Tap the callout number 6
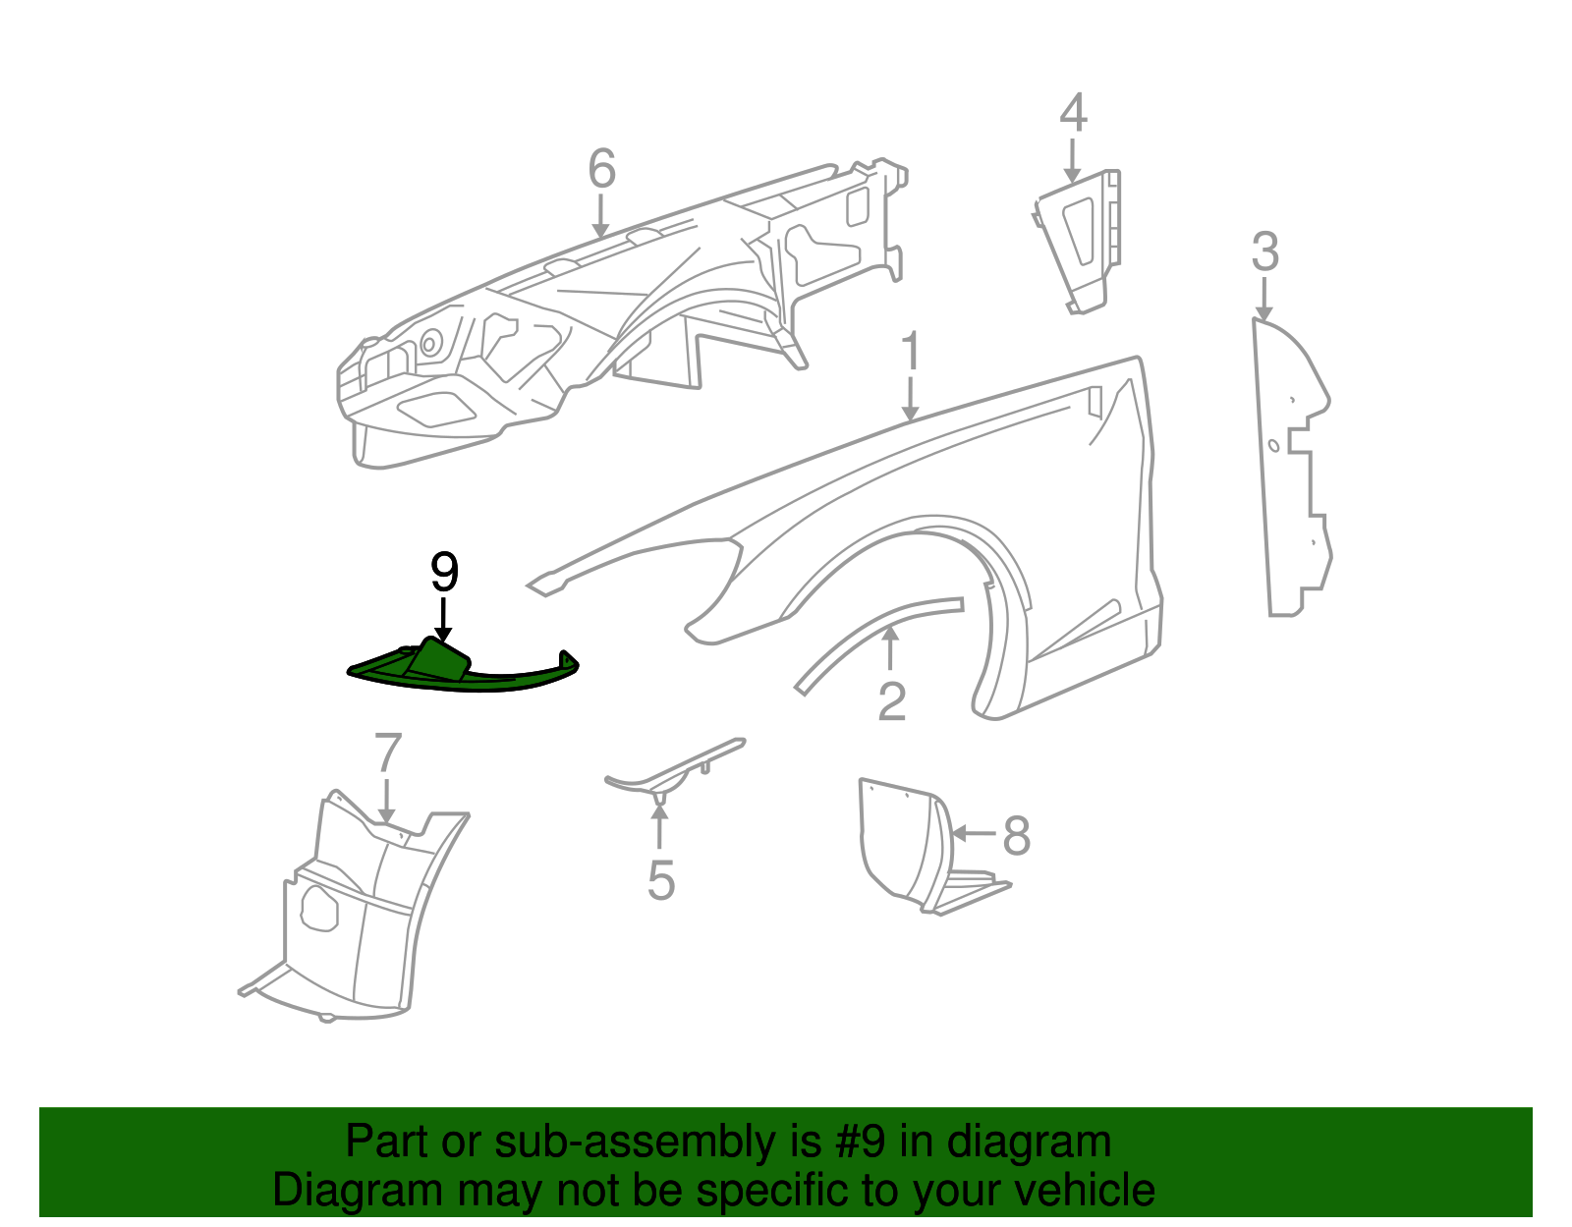click(x=601, y=169)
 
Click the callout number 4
click(x=1073, y=113)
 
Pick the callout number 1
click(x=911, y=352)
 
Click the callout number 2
click(x=891, y=701)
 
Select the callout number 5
click(x=660, y=879)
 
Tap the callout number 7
click(x=388, y=754)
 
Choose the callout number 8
click(x=1016, y=836)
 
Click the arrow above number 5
click(x=660, y=823)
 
